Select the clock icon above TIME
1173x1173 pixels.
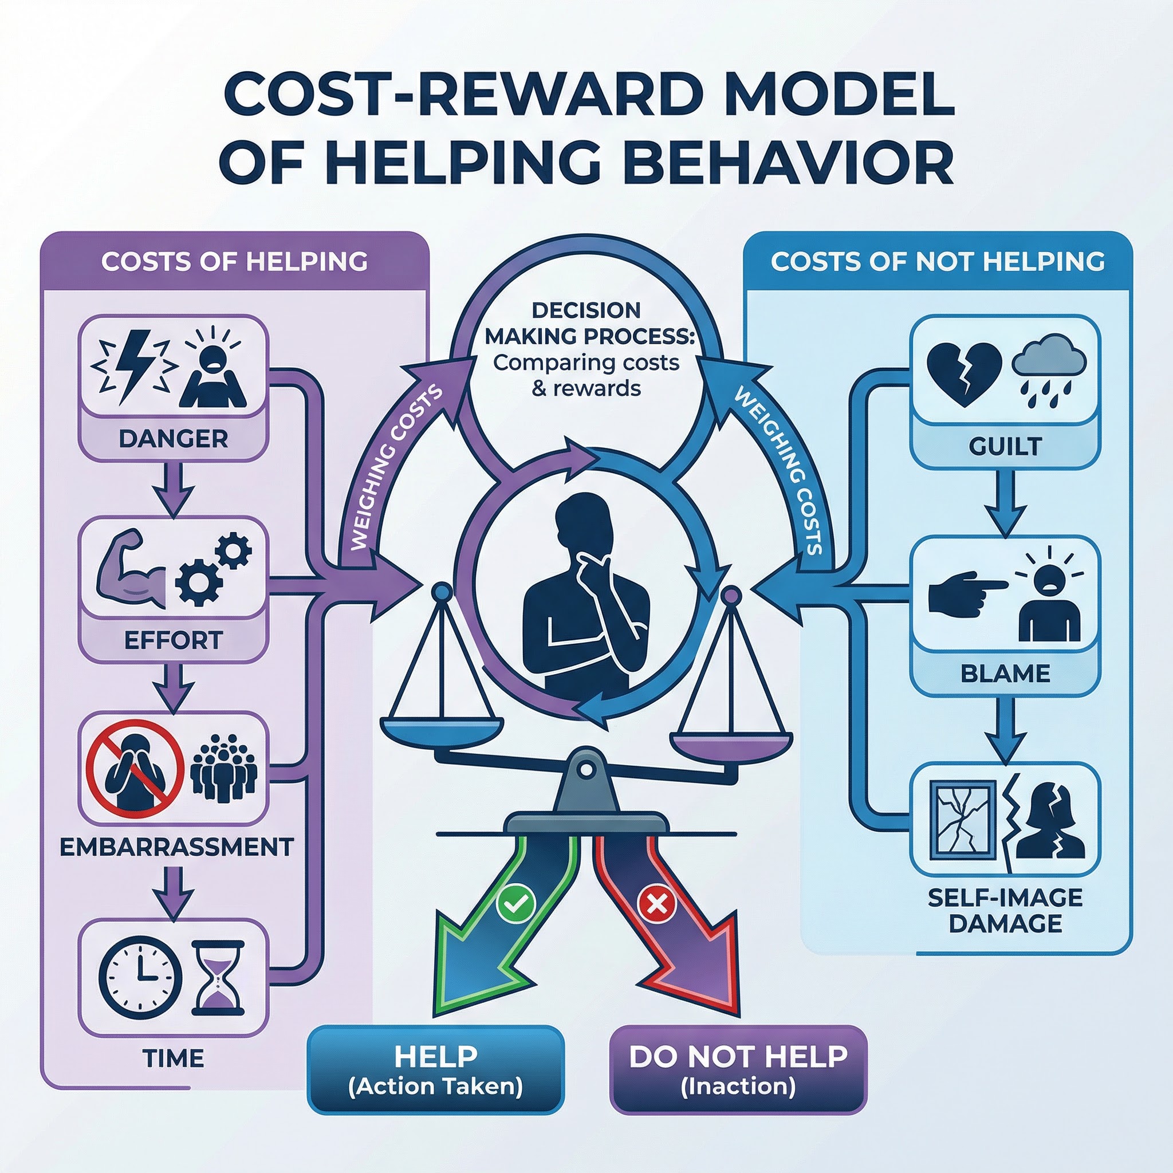click(x=140, y=978)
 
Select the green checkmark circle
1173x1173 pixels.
click(x=515, y=903)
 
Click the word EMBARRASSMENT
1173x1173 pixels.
click(x=176, y=847)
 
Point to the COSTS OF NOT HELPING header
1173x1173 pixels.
click(x=938, y=261)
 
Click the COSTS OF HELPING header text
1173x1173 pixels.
click(x=234, y=261)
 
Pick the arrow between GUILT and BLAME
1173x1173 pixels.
click(x=1005, y=502)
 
